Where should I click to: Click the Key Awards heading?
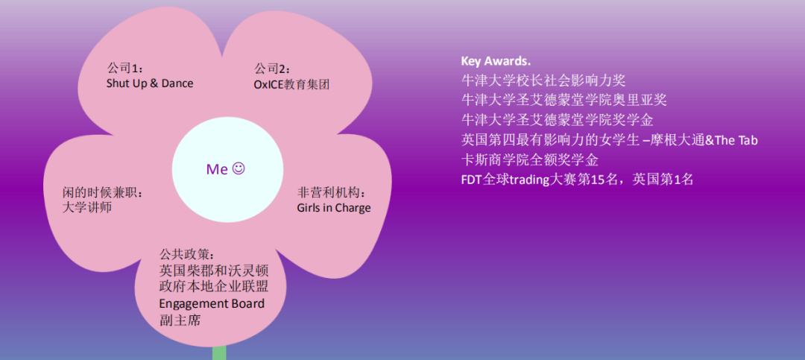(x=496, y=61)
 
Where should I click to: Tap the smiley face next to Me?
(x=239, y=168)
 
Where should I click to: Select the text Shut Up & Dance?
(x=150, y=83)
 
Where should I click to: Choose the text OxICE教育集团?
(x=291, y=84)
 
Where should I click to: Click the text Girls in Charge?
(x=333, y=208)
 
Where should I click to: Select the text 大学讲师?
(x=87, y=208)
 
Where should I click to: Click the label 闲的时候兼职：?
(x=103, y=192)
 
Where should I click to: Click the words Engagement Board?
(x=212, y=304)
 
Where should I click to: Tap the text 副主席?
(x=180, y=320)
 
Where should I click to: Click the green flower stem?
(x=219, y=353)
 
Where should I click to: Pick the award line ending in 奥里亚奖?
(x=564, y=99)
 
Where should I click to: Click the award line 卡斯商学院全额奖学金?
(x=529, y=160)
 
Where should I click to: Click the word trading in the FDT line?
(x=529, y=180)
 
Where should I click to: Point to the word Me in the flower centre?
(x=217, y=169)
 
